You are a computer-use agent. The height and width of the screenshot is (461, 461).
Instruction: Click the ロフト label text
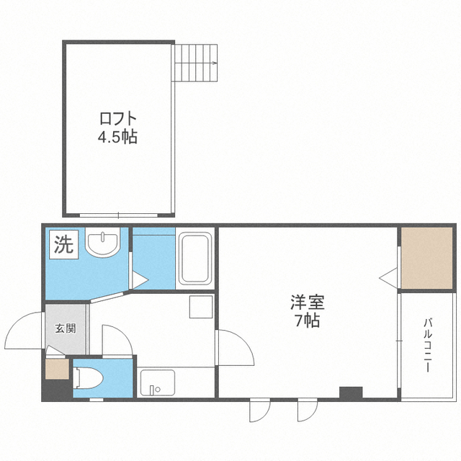pyautogui.click(x=118, y=119)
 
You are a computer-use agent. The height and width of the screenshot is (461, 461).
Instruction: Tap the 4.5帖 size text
pyautogui.click(x=117, y=137)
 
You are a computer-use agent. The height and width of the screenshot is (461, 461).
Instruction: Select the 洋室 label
pyautogui.click(x=308, y=303)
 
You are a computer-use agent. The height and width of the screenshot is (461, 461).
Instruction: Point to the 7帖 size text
pyautogui.click(x=308, y=321)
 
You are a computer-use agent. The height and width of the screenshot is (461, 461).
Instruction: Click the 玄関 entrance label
pyautogui.click(x=66, y=328)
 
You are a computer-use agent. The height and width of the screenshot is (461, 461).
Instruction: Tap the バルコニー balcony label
pyautogui.click(x=428, y=345)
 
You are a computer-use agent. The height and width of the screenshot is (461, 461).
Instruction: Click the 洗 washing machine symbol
pyautogui.click(x=64, y=245)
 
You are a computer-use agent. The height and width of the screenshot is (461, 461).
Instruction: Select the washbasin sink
pyautogui.click(x=103, y=242)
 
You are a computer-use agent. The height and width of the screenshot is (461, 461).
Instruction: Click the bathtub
pyautogui.click(x=195, y=259)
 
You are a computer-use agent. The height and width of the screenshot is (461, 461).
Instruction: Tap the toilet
pyautogui.click(x=88, y=378)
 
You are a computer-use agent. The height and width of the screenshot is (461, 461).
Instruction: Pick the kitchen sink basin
pyautogui.click(x=158, y=382)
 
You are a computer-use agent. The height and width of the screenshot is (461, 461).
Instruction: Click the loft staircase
pyautogui.click(x=194, y=63)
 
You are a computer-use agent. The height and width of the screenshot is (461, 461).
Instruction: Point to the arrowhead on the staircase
pyautogui.click(x=215, y=63)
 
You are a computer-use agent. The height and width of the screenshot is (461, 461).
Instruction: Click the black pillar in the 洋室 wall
pyautogui.click(x=351, y=392)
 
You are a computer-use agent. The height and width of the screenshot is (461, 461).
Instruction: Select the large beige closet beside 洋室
pyautogui.click(x=427, y=258)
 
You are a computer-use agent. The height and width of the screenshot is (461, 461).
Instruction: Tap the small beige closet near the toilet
pyautogui.click(x=57, y=369)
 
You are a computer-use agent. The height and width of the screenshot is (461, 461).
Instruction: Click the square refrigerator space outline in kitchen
pyautogui.click(x=201, y=307)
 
